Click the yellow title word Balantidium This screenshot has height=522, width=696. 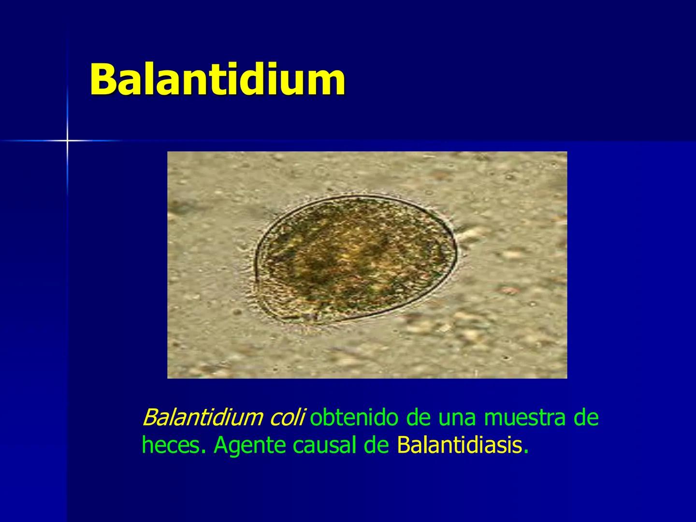point(217,79)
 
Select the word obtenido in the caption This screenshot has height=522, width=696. point(358,418)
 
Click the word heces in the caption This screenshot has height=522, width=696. point(171,446)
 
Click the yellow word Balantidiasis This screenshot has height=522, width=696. point(459,446)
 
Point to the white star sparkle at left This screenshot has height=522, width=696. point(68,141)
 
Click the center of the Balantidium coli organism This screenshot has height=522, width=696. point(355,259)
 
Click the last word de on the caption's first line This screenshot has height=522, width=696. point(586,418)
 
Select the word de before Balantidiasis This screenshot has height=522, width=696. point(377,446)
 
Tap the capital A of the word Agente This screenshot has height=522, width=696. point(220,446)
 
